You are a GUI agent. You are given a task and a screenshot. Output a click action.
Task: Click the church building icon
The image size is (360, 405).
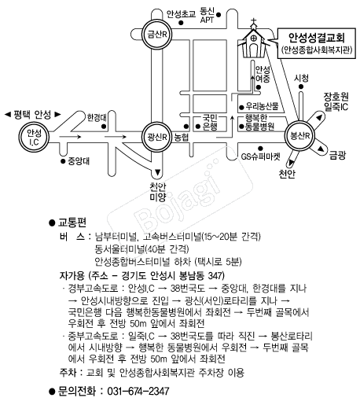click(x=254, y=41)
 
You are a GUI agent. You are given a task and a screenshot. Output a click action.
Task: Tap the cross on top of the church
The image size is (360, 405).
click(x=253, y=21)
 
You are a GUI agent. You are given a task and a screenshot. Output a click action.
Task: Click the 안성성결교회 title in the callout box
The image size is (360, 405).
click(x=317, y=38)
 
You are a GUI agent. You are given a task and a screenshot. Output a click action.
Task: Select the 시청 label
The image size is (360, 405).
click(x=301, y=78)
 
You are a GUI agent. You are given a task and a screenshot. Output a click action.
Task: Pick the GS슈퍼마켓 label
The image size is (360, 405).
click(x=260, y=156)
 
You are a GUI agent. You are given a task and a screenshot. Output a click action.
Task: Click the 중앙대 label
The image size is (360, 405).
click(x=79, y=161)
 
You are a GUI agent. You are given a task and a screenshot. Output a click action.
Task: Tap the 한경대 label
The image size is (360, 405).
click(x=97, y=118)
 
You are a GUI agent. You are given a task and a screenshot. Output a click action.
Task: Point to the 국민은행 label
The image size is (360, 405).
click(x=210, y=122)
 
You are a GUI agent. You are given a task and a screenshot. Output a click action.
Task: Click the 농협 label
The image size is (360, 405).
click(x=182, y=138)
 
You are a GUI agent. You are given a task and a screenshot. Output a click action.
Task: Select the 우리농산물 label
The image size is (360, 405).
click(x=262, y=106)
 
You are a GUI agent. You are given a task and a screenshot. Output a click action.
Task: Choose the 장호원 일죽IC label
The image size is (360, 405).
click(x=336, y=101)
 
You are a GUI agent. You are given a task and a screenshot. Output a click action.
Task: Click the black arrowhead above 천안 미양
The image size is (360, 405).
click(x=157, y=172)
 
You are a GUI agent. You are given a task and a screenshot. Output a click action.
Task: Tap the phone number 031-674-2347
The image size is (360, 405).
click(x=138, y=392)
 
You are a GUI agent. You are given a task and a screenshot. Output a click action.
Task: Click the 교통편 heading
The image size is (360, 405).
click(x=72, y=223)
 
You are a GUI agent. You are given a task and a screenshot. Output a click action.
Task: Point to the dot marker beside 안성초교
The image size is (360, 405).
click(x=181, y=23)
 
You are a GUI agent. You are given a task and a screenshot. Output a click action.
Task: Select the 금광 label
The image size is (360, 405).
click(x=337, y=155)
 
